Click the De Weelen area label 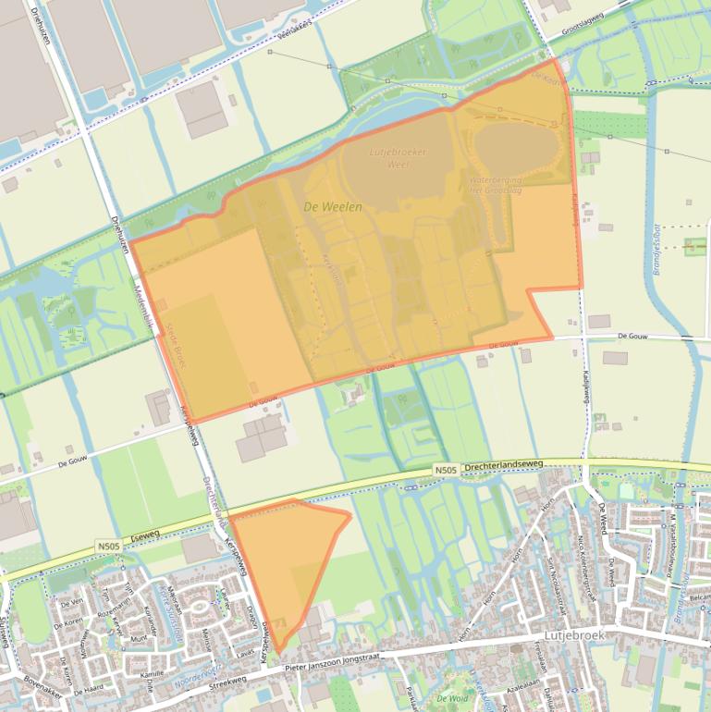click(x=332, y=207)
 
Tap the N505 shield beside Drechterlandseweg click(x=446, y=471)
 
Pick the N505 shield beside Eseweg click(x=107, y=546)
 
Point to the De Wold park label click(x=452, y=697)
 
